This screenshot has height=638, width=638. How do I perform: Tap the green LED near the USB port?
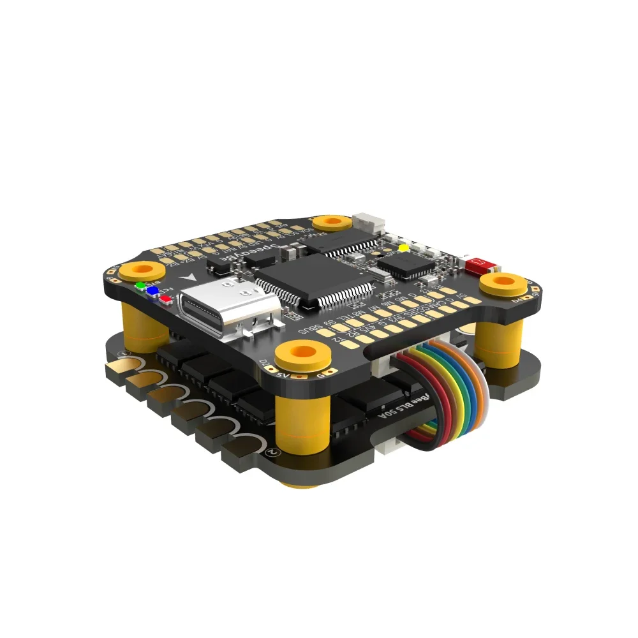pyautogui.click(x=140, y=285)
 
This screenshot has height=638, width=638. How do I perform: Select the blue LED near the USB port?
pyautogui.click(x=153, y=291)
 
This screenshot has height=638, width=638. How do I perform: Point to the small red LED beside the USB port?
pyautogui.click(x=166, y=298)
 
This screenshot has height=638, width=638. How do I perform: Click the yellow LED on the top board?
pyautogui.click(x=403, y=248)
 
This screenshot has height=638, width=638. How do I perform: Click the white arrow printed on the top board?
pyautogui.click(x=189, y=279)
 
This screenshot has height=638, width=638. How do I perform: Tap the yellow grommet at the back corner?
pyautogui.click(x=331, y=223)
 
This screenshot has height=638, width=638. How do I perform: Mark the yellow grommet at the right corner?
pyautogui.click(x=505, y=283)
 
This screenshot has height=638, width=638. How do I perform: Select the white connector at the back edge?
pyautogui.click(x=371, y=223)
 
